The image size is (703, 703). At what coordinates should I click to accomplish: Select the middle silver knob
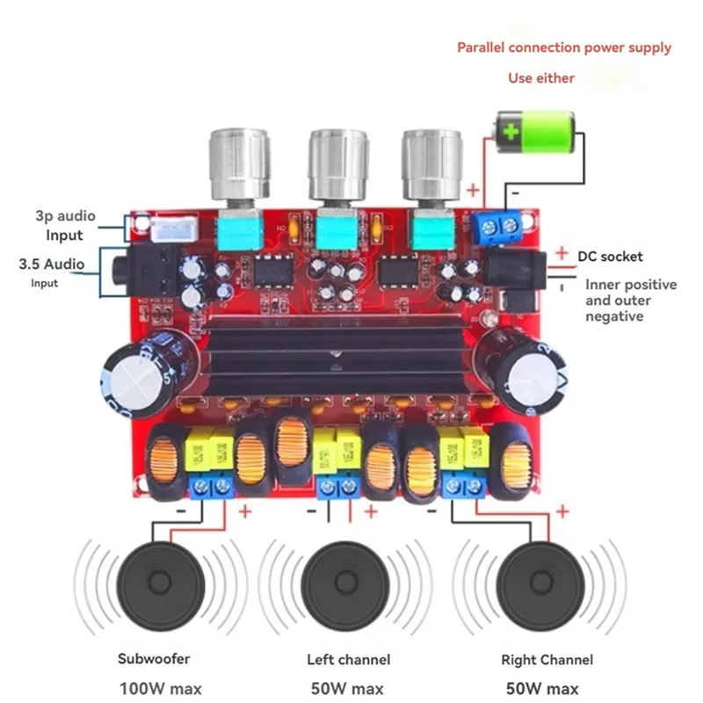335,167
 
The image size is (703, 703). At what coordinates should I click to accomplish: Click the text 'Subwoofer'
154,658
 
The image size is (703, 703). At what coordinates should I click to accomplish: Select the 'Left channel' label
349,659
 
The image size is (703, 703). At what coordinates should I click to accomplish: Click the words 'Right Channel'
547,659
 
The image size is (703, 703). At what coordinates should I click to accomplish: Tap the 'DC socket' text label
610,257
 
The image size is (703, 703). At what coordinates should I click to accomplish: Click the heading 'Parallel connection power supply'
564,47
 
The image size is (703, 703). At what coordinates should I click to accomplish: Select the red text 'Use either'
541,78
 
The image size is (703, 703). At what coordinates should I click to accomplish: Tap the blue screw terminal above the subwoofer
212,486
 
